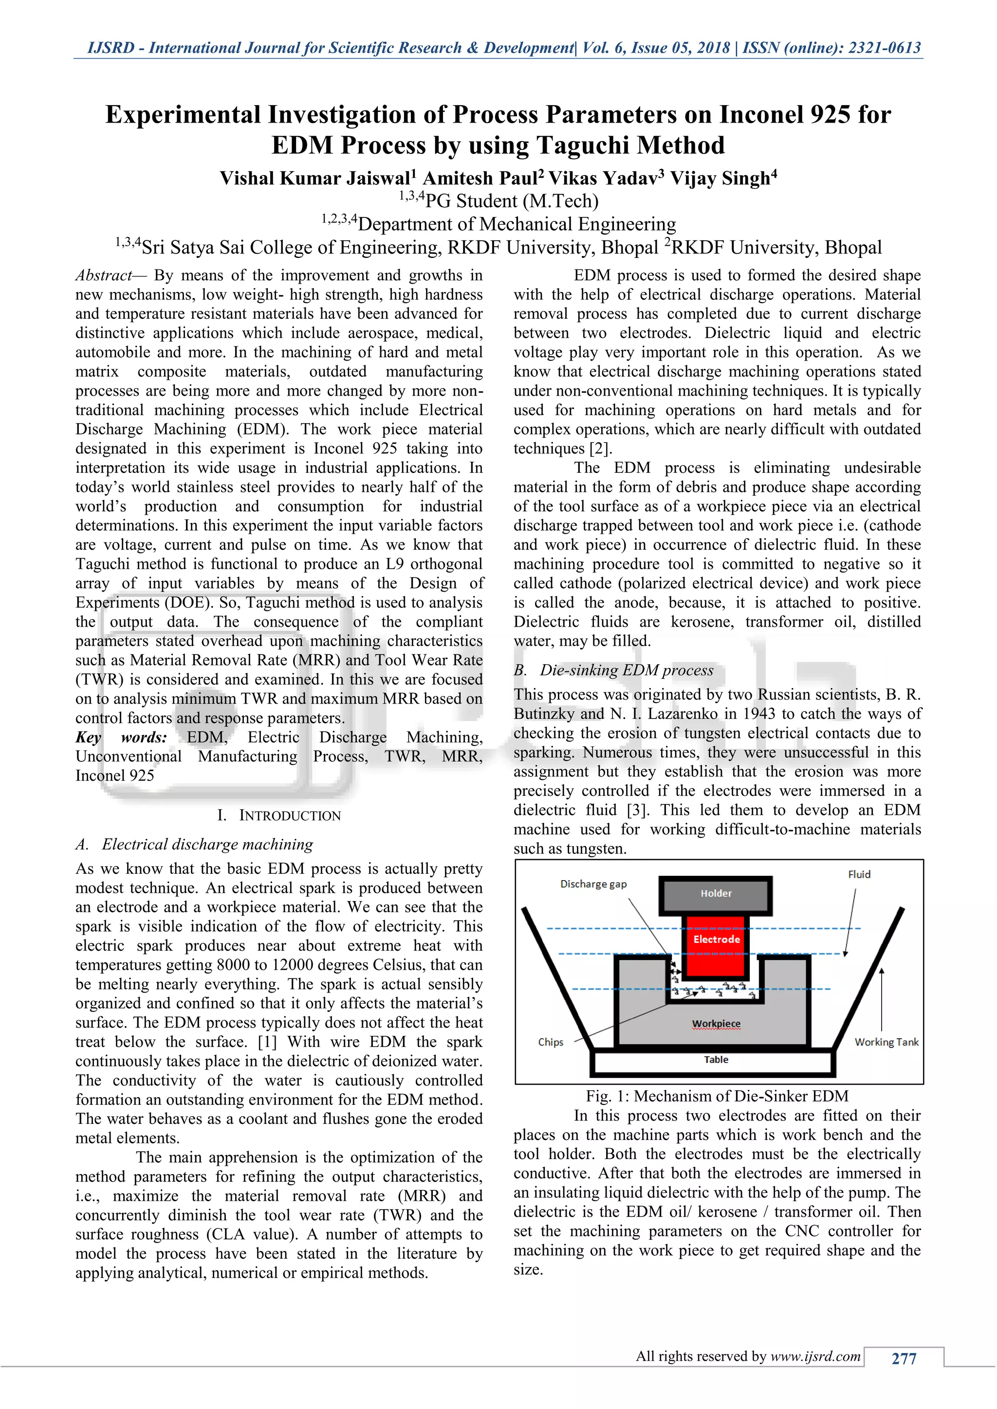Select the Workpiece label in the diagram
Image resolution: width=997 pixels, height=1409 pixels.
click(716, 1024)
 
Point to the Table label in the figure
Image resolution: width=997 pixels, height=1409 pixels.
click(716, 1060)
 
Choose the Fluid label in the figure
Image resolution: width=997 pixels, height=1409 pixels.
click(859, 874)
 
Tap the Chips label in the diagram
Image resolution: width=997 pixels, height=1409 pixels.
click(550, 1042)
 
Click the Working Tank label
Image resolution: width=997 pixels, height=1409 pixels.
click(886, 1042)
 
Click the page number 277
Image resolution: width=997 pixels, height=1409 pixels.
click(904, 1359)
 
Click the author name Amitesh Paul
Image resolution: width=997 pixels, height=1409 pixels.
click(483, 179)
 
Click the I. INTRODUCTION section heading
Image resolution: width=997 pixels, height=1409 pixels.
click(279, 815)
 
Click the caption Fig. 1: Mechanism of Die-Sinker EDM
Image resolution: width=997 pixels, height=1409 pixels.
click(717, 1096)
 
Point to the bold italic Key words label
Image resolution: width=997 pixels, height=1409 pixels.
click(121, 737)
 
